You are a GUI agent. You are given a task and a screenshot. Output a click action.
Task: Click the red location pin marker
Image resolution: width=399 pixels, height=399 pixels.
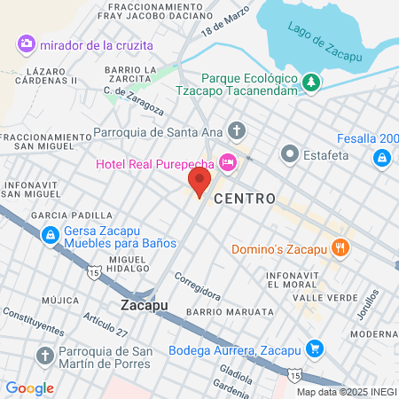click(199, 184)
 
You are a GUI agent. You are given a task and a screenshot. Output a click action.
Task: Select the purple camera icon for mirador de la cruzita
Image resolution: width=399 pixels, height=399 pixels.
click(26, 43)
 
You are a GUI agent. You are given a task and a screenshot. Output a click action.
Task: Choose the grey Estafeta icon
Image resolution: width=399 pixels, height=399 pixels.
click(289, 154)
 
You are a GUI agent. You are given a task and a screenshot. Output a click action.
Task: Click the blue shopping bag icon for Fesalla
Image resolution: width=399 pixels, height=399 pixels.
click(381, 157)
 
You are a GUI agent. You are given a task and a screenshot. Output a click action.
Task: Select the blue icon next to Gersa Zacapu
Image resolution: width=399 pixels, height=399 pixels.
click(50, 235)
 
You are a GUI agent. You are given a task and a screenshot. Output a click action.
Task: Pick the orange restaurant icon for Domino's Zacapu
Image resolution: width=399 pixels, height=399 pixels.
click(339, 249)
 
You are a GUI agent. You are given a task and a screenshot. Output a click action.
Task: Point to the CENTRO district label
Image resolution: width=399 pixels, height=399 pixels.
click(245, 198)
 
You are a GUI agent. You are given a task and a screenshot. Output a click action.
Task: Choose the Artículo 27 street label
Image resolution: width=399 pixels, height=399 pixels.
click(106, 325)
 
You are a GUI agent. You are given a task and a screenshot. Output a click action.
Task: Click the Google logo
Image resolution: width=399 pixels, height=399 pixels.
click(30, 387)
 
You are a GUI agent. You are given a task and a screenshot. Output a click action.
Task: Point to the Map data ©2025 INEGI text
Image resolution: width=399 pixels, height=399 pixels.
click(347, 392)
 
